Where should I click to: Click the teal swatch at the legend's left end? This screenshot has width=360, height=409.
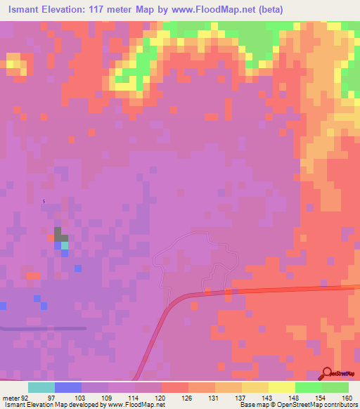(x=41, y=387)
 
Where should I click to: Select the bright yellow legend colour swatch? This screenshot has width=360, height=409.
(x=281, y=387)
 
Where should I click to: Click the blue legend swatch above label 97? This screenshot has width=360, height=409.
(x=67, y=387)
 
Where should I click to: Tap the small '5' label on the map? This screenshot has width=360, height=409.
(x=44, y=202)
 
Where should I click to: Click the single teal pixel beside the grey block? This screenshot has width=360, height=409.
(x=65, y=245)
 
